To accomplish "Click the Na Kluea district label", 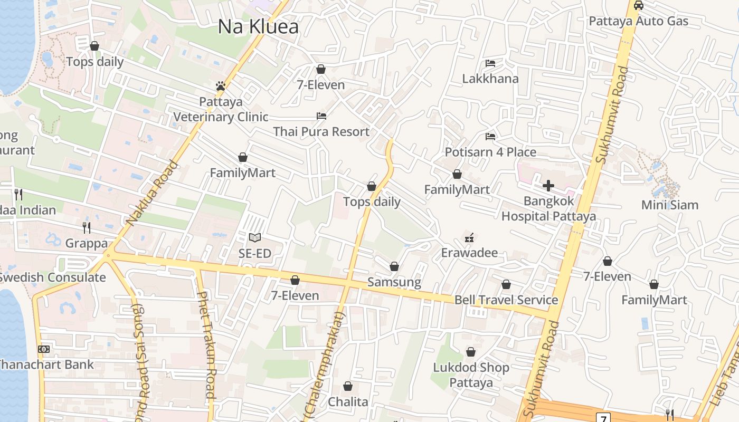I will tap(259, 27).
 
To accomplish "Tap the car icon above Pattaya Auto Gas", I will tap(638, 6).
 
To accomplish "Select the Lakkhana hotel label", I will tap(490, 79).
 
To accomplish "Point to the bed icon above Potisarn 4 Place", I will tap(490, 137).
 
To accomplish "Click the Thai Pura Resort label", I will tap(321, 131).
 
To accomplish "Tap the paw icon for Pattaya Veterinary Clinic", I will tap(221, 85).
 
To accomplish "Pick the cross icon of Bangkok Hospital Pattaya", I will tap(548, 186).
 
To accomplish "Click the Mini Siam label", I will tap(670, 205).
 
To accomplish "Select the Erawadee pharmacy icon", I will tap(469, 237).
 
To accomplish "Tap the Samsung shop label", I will tap(394, 282).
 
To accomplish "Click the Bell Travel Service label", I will tap(506, 300).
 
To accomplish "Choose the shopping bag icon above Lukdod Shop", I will tap(471, 352).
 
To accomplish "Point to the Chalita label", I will tap(348, 402).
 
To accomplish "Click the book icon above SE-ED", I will tap(255, 238).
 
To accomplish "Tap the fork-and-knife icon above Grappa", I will tap(87, 228).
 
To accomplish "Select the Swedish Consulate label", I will tap(52, 277).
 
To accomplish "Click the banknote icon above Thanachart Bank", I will tap(44, 349).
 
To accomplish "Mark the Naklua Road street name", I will tap(152, 193).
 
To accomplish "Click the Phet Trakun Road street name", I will tap(206, 346).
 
